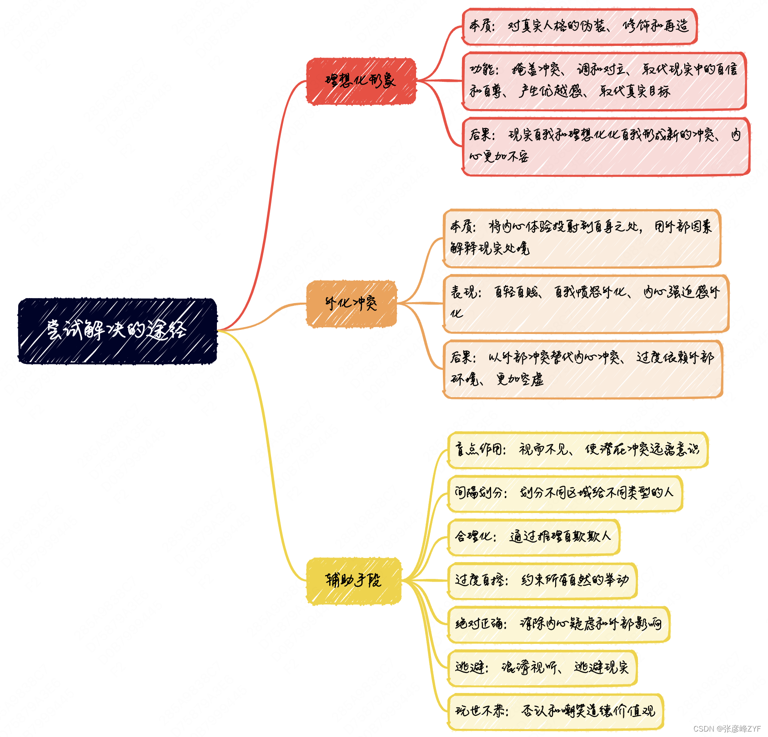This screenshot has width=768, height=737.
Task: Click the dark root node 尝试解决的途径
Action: click(117, 331)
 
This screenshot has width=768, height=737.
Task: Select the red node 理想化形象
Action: click(361, 81)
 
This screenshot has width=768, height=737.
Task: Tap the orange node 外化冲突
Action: click(351, 304)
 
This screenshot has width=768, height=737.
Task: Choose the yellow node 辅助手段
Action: click(354, 581)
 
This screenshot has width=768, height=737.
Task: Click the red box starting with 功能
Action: click(604, 81)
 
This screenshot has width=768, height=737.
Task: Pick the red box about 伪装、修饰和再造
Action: click(579, 26)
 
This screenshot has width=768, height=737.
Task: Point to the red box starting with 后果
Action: click(606, 146)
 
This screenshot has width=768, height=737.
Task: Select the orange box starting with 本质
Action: click(582, 238)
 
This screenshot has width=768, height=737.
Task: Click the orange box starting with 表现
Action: click(586, 303)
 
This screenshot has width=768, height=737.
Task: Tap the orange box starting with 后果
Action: click(583, 368)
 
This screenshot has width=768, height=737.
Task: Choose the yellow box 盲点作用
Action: click(577, 450)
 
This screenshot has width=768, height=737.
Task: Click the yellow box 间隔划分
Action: click(565, 493)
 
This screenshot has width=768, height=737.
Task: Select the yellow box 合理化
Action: click(533, 537)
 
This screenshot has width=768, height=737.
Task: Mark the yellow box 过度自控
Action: click(542, 580)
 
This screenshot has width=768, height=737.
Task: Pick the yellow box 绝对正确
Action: click(558, 624)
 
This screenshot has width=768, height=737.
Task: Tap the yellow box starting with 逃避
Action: click(542, 667)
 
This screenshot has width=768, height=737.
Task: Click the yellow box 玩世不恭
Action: click(555, 711)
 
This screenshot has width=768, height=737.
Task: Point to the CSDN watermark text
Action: click(727, 728)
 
